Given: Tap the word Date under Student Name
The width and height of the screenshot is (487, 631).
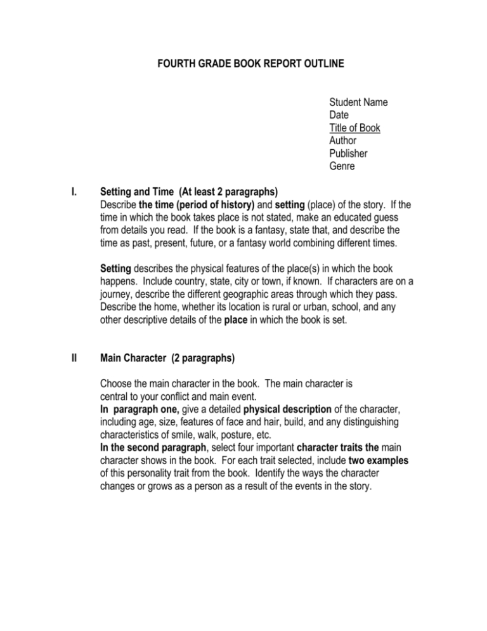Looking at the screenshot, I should click(x=339, y=115).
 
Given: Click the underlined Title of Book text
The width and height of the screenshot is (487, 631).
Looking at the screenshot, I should click(x=354, y=128).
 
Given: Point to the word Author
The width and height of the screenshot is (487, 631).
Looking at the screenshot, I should click(x=343, y=140).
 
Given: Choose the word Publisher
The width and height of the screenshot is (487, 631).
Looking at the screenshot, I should click(x=348, y=153).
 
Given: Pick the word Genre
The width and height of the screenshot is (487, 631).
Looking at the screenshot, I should click(x=342, y=166).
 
